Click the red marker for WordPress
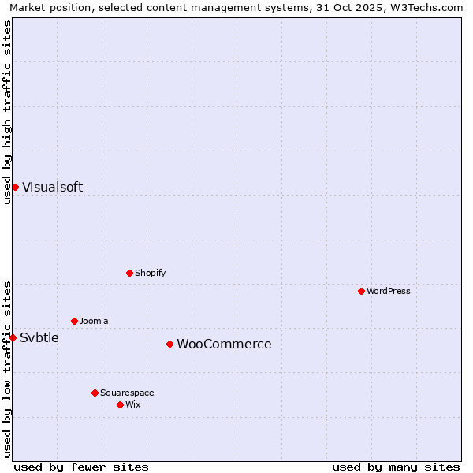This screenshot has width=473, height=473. [x=361, y=291]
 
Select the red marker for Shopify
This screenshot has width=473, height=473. [x=129, y=273]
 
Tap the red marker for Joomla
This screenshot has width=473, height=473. [x=74, y=321]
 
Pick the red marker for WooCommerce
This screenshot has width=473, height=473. [x=169, y=344]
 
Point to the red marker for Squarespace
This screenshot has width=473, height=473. [x=95, y=393]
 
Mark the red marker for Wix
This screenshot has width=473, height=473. [x=120, y=404]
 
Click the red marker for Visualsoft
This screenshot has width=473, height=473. [x=15, y=187]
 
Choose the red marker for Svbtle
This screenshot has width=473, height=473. [x=13, y=337]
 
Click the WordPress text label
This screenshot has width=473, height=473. [x=389, y=291]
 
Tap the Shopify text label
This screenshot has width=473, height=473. [x=150, y=273]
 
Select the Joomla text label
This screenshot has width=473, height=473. [x=94, y=321]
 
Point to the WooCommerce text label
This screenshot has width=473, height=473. [x=224, y=344]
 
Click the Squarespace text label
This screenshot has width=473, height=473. [x=127, y=393]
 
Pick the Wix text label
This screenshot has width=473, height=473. [x=132, y=404]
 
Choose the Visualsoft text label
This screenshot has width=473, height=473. [x=52, y=187]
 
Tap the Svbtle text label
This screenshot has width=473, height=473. [x=39, y=337]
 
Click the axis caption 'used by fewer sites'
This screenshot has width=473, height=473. [x=81, y=467]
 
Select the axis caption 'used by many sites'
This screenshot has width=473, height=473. [x=396, y=467]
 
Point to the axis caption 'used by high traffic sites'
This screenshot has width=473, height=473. [x=8, y=112]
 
